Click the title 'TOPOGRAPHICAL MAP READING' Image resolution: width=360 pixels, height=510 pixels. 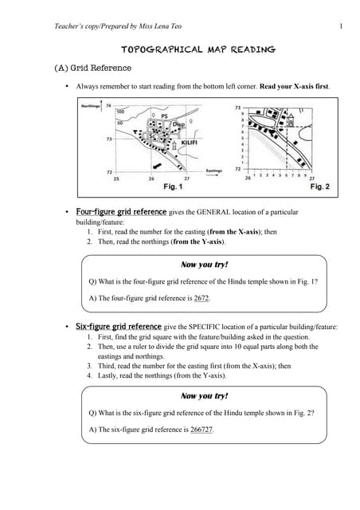198,49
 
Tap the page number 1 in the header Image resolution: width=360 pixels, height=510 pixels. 340,29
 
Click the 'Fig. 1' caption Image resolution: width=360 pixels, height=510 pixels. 173,186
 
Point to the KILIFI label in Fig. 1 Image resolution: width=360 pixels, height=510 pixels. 185,143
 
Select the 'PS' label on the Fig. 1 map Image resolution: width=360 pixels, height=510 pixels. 164,116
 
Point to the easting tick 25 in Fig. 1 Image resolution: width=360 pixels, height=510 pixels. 116,179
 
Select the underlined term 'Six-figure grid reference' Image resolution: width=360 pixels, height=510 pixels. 119,327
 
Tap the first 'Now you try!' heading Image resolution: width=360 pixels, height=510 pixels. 205,264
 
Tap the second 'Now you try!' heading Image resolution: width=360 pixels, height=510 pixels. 205,395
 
